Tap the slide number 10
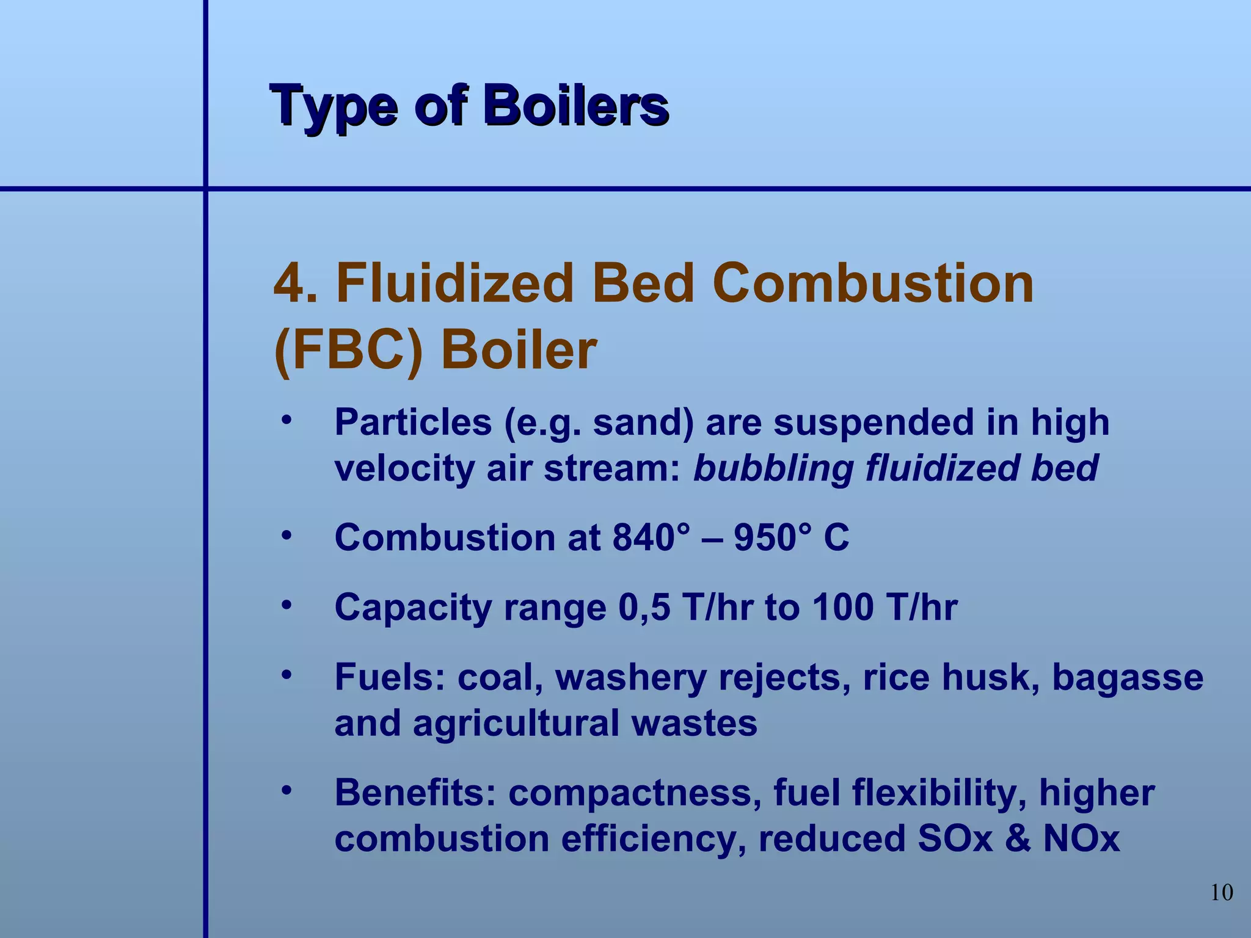(x=1221, y=893)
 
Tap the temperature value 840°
(x=651, y=538)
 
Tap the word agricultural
(x=516, y=724)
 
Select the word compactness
(x=635, y=793)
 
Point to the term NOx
(x=1081, y=839)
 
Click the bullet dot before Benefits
(x=286, y=791)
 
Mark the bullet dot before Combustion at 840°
(x=286, y=536)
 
